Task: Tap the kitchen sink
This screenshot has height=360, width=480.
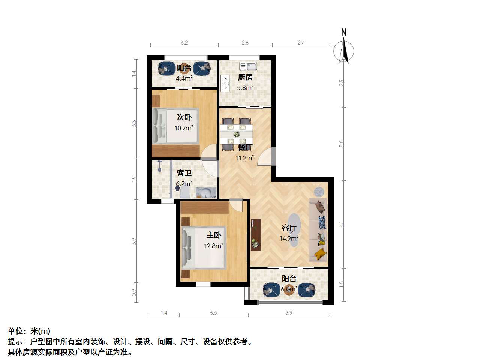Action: (248, 66)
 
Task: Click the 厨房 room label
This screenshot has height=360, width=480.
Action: (245, 77)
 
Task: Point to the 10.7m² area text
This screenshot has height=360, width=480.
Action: (184, 128)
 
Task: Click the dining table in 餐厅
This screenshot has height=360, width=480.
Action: (236, 134)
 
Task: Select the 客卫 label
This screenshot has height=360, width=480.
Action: (184, 173)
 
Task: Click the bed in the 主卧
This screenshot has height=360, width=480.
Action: (204, 247)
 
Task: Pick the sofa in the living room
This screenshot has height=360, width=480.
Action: (318, 230)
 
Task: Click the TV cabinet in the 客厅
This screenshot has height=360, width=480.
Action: (256, 234)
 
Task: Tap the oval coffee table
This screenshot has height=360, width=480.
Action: (294, 230)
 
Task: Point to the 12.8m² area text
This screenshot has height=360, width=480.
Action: (214, 246)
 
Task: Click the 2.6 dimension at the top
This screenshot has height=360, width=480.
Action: (245, 43)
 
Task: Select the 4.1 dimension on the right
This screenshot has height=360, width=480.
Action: (342, 224)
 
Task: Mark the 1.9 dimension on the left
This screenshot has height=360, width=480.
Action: (134, 179)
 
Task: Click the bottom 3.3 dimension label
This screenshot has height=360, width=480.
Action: (213, 313)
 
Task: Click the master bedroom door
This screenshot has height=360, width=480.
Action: (236, 205)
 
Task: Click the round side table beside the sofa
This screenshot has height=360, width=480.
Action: (319, 192)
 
